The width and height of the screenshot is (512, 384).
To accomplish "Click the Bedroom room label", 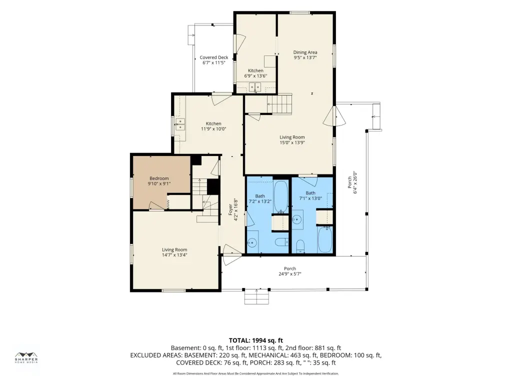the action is [x=159, y=178].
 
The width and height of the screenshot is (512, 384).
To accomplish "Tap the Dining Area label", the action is [x=305, y=52].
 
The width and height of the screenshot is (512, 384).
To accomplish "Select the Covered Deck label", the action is [x=214, y=57].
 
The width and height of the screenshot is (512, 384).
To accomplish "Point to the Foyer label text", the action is [x=230, y=209].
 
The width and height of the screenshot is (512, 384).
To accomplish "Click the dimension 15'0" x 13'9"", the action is [x=292, y=142].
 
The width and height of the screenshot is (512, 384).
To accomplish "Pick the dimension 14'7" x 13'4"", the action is [x=174, y=255].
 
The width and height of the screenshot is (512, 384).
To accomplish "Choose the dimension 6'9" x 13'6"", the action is [x=255, y=76].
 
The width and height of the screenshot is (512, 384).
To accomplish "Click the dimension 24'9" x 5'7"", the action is [x=289, y=274].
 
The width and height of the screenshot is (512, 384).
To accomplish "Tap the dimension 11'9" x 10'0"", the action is [x=213, y=129].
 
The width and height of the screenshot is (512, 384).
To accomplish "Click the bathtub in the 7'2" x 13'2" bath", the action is [x=280, y=196].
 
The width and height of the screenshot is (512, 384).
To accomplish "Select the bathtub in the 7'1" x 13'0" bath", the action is [x=325, y=240].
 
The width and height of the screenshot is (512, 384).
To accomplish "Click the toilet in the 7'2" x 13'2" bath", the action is [x=281, y=242].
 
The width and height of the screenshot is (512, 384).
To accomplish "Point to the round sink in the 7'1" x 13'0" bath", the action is [x=297, y=219].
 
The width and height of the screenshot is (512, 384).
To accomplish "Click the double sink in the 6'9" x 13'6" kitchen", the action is [x=255, y=87].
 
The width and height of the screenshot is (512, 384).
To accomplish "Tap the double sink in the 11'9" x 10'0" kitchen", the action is [x=180, y=124].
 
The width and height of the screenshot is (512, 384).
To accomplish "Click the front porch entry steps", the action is [x=256, y=297].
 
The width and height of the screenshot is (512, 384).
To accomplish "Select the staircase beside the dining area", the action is [x=279, y=104].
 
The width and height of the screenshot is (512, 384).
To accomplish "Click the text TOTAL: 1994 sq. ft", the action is [x=255, y=341].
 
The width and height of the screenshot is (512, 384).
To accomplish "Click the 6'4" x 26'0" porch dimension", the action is [x=352, y=182].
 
